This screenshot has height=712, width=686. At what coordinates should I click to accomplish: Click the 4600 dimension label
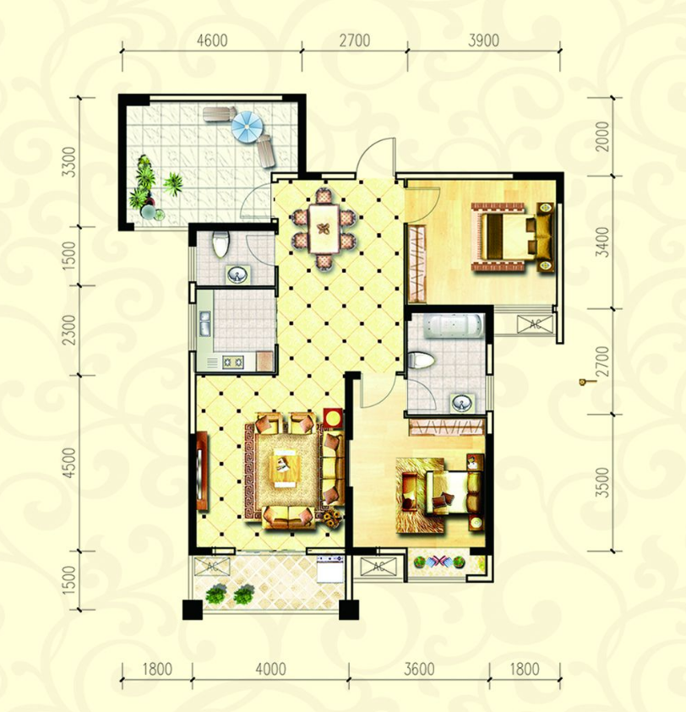(x=212, y=41)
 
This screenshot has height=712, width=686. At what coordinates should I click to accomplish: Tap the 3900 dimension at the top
(x=483, y=41)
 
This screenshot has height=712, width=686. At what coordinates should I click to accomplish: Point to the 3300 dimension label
(x=69, y=161)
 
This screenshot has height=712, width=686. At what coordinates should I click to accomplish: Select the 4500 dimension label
(x=69, y=463)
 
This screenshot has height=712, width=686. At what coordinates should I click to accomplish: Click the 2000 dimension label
(x=602, y=136)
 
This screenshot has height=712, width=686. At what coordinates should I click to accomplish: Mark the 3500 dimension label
(x=602, y=482)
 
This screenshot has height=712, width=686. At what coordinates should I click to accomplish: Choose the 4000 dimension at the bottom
(x=270, y=669)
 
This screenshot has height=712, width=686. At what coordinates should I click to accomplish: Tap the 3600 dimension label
(x=419, y=669)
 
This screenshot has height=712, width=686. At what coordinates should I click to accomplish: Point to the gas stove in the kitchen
(x=232, y=361)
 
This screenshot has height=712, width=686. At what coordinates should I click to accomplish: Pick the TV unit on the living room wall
(x=202, y=471)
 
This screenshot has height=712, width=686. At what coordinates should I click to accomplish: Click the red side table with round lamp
(x=333, y=419)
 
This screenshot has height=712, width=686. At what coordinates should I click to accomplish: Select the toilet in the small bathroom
(x=220, y=244)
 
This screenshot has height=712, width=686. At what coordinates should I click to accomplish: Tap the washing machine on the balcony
(x=330, y=568)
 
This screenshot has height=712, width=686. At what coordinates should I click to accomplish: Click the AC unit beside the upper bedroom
(x=535, y=323)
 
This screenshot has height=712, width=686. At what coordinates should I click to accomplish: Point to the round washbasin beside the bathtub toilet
(x=462, y=403)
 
